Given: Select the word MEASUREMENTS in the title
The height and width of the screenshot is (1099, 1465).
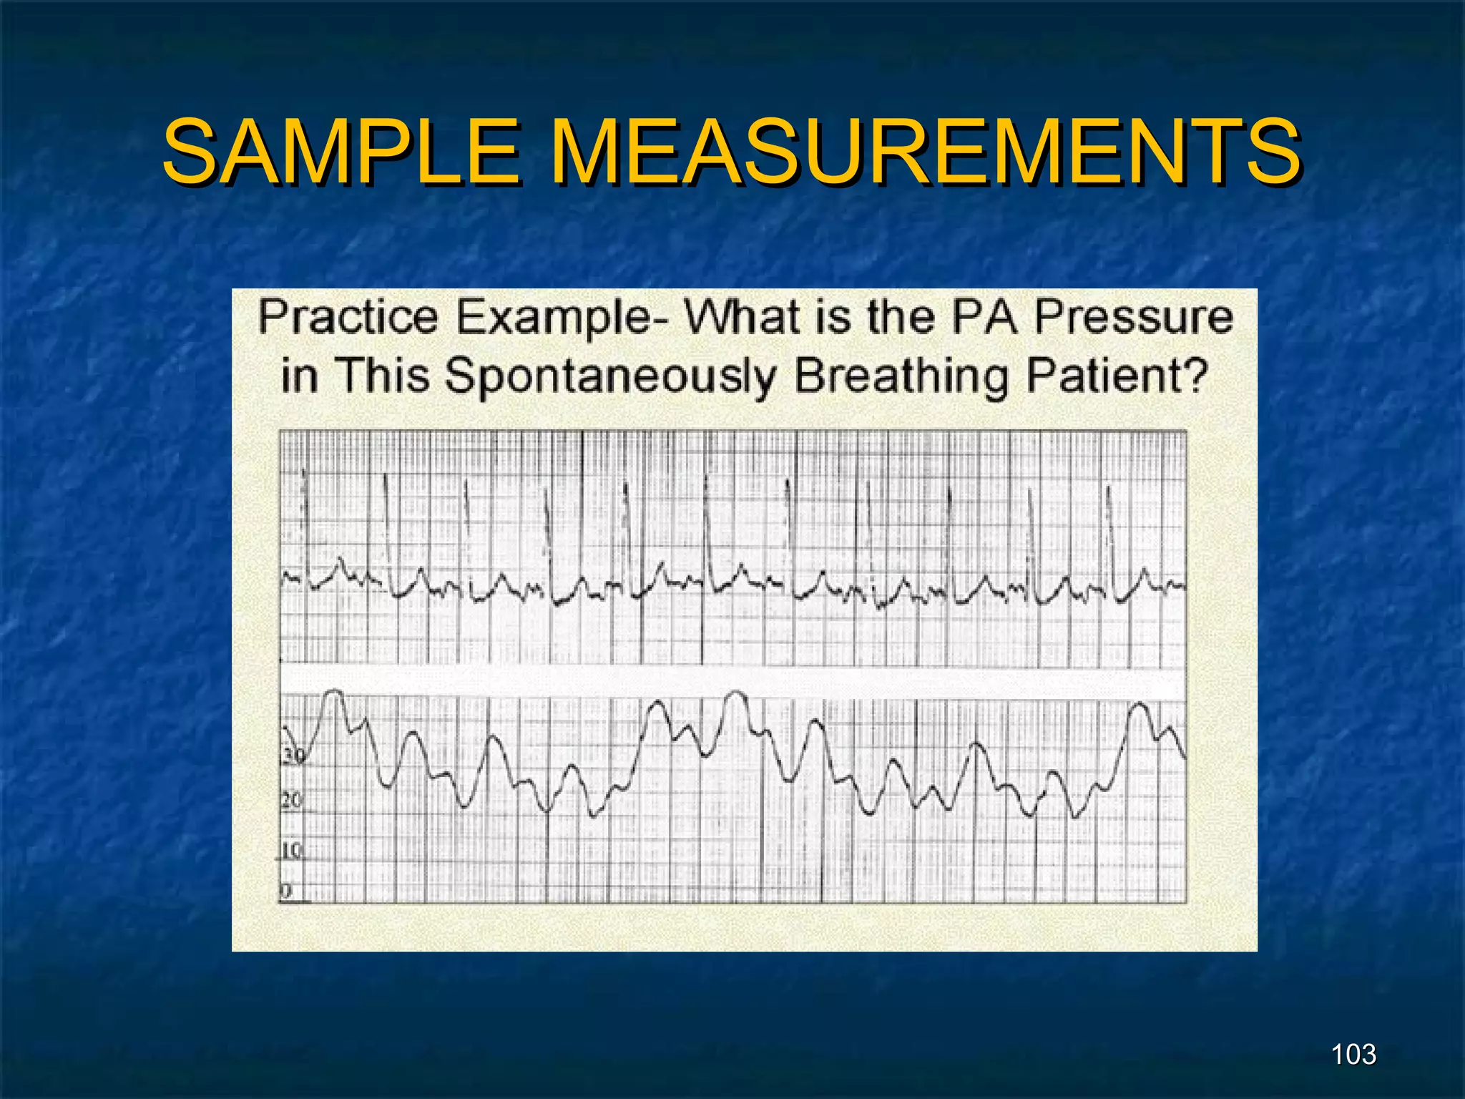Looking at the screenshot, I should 926,152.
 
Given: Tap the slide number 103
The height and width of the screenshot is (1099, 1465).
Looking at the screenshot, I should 1353,1054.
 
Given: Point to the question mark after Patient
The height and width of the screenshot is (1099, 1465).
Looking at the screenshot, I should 1195,375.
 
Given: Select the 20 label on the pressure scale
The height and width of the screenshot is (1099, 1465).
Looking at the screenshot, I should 291,801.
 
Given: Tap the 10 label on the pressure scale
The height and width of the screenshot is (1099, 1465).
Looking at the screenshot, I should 291,851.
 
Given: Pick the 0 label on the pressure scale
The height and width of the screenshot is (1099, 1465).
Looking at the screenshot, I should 286,891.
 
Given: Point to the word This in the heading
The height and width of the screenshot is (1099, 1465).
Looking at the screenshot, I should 383,375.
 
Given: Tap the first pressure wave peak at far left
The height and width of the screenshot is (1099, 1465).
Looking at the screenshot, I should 333,693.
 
